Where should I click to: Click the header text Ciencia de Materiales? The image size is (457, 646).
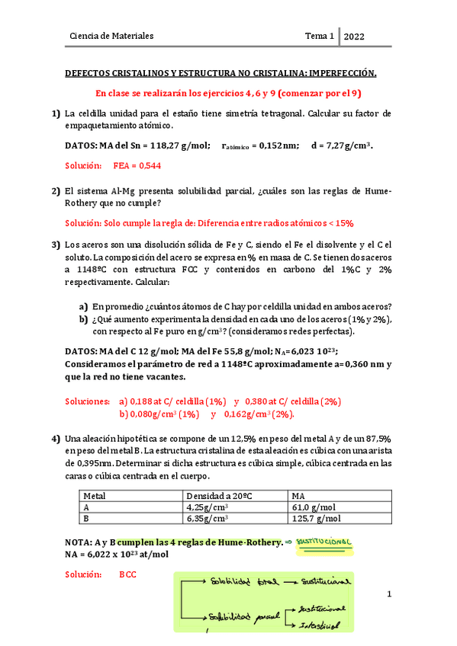[x=111, y=36]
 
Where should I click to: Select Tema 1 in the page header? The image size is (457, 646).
[x=320, y=36]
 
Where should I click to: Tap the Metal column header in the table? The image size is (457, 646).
[x=95, y=494]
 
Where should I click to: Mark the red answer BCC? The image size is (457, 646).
[x=127, y=574]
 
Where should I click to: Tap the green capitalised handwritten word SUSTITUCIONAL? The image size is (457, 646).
[x=323, y=542]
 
